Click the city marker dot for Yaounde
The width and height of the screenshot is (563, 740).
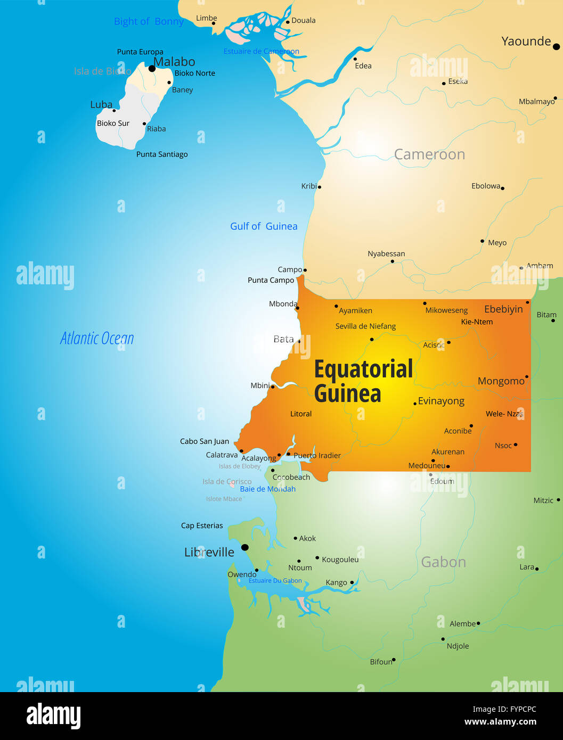point(556,47)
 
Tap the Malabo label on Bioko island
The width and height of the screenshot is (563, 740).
point(174,62)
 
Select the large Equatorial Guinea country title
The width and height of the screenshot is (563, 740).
point(363,381)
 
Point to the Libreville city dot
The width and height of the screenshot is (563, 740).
point(244,547)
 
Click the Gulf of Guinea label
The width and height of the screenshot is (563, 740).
point(264,226)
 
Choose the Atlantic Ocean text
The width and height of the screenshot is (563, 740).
point(97,338)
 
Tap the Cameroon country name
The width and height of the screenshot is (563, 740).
point(429,154)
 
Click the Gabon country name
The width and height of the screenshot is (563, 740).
point(443,562)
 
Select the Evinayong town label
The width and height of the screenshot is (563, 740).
point(441,401)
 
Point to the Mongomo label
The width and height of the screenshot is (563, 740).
point(501,381)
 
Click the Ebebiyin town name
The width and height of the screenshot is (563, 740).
point(503,309)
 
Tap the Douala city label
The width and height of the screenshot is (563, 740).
point(303,21)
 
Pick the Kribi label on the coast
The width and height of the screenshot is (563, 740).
point(309,186)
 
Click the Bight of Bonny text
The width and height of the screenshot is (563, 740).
point(149,22)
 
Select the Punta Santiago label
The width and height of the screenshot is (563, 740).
point(162,154)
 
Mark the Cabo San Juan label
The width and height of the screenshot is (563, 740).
point(205,441)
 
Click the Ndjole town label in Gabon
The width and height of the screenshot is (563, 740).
point(458,646)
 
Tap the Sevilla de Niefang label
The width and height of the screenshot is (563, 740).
point(365,326)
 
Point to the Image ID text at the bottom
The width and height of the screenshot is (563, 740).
point(504,709)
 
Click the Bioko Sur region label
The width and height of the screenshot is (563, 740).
point(113,124)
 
